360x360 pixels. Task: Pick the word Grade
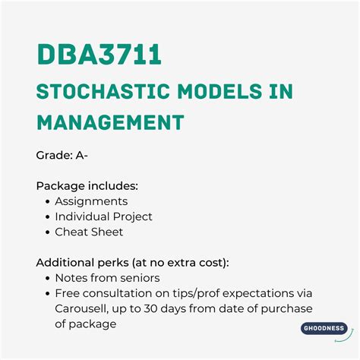pos(53,156)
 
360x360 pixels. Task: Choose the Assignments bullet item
pos(91,201)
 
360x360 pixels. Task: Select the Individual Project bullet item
pos(103,216)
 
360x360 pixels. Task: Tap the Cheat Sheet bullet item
pos(89,232)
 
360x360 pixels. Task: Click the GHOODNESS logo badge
pos(323,328)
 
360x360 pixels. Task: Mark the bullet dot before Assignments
pos(47,202)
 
